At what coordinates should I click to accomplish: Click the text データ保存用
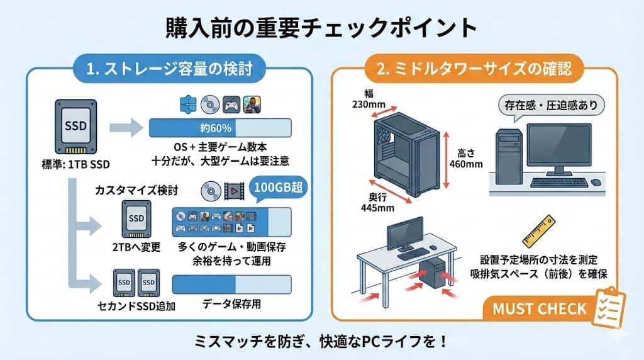[231, 304]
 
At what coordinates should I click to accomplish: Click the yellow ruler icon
[538, 231]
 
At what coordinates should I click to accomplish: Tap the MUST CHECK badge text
[539, 309]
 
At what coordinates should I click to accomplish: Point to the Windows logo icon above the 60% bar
[188, 104]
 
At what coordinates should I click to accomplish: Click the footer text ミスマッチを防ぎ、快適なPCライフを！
[322, 342]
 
